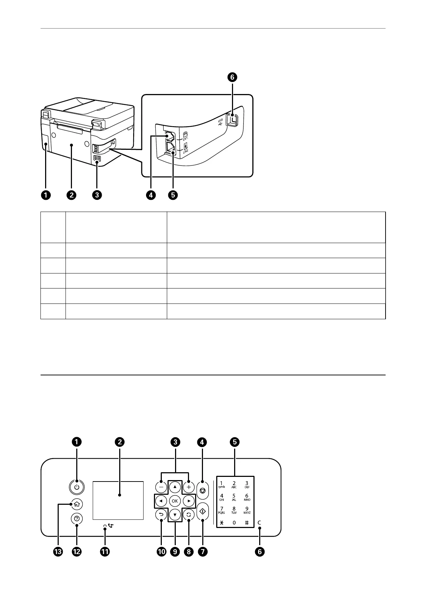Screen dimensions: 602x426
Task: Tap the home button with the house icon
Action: tap(77, 504)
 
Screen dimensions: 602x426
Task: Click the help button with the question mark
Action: tap(77, 518)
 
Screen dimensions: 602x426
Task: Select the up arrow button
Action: tap(175, 487)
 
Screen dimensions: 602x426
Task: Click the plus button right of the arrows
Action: tap(189, 487)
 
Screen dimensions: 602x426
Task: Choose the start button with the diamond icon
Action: tap(203, 512)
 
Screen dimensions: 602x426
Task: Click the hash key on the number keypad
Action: tap(247, 523)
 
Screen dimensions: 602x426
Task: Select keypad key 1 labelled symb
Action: tap(221, 484)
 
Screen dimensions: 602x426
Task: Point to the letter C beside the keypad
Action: tap(260, 523)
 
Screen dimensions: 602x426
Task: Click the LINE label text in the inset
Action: tap(185, 152)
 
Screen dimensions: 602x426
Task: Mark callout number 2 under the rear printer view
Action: tap(72, 195)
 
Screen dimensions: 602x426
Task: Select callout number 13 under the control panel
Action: tap(58, 552)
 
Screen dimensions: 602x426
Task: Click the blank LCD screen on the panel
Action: tap(118, 500)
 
